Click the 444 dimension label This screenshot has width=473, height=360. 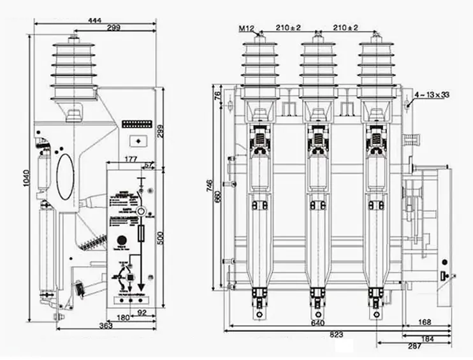pos(94,20)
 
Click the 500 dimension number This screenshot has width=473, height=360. pos(161,238)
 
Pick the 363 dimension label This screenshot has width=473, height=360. pos(106,326)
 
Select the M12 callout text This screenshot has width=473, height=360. pos(247,28)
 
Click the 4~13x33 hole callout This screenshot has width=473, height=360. pos(432,94)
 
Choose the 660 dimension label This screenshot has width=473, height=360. pos(218,198)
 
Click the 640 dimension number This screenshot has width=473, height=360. pos(316,322)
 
